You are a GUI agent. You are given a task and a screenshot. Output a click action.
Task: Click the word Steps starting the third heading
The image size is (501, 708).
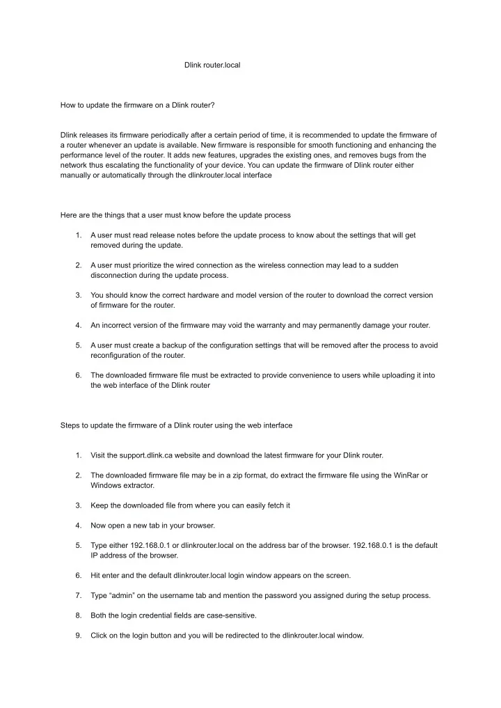click(71, 425)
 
